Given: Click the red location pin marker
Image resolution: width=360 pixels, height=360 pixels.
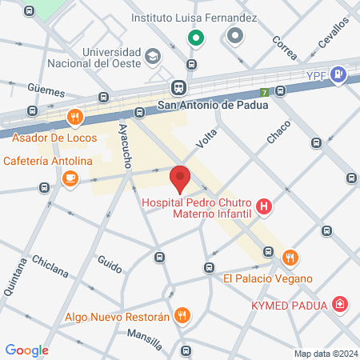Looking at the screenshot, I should click(x=180, y=178).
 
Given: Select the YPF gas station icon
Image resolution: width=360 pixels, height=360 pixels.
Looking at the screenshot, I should click(x=340, y=75).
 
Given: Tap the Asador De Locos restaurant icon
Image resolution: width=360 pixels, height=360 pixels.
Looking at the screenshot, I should click(x=74, y=118).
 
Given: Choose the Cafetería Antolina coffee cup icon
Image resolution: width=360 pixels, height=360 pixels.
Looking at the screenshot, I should click(x=70, y=178).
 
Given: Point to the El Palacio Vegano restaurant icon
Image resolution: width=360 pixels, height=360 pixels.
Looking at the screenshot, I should click(x=290, y=258).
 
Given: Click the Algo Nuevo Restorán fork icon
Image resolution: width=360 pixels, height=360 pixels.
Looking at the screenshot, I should click(x=182, y=316).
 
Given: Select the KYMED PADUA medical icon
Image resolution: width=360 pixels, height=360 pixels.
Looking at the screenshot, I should click(x=341, y=305).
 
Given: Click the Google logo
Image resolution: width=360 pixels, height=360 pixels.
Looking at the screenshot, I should click(x=27, y=350).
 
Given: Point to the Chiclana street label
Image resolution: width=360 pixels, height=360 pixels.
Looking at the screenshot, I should click(x=50, y=266).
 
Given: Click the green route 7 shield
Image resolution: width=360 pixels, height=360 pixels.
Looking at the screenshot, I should click(x=265, y=92).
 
